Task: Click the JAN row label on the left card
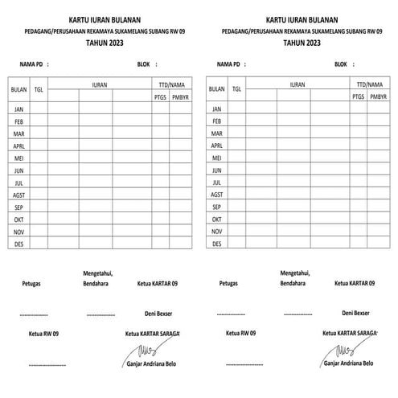19,109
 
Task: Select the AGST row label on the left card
19,195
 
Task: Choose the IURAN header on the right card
297,84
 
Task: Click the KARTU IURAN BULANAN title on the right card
298,19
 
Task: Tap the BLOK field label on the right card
341,63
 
